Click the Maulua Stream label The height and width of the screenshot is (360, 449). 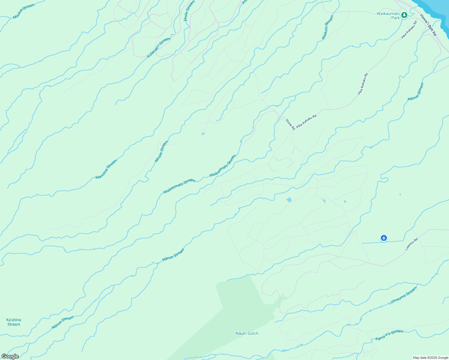(x=24, y=11)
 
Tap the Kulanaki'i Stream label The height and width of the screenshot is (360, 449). (x=158, y=47)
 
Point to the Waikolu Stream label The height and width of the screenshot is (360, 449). (x=327, y=27)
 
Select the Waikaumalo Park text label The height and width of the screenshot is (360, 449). (x=388, y=16)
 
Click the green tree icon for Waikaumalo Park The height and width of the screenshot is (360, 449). (x=404, y=15)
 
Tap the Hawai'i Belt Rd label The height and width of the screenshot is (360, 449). (x=428, y=25)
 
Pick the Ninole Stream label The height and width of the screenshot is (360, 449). (x=161, y=151)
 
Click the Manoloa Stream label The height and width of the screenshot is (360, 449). (x=106, y=169)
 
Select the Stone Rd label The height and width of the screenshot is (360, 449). (x=290, y=124)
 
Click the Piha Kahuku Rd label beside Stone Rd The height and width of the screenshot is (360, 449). (x=306, y=121)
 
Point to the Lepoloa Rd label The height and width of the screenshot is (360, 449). (x=411, y=244)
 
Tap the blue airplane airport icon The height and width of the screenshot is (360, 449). (x=384, y=238)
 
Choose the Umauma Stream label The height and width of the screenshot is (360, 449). (x=404, y=295)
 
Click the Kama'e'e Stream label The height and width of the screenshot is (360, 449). (x=389, y=335)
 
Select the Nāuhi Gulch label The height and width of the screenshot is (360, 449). (x=247, y=333)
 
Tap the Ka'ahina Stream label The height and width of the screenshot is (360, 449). (x=14, y=322)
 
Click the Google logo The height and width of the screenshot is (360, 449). (x=10, y=356)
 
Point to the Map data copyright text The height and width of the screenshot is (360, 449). (x=430, y=358)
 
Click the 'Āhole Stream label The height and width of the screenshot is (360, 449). (x=189, y=11)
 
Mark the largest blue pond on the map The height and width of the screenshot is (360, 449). (x=289, y=200)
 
